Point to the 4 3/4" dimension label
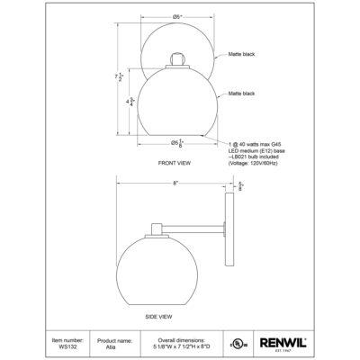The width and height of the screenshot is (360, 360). coord(131,103)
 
